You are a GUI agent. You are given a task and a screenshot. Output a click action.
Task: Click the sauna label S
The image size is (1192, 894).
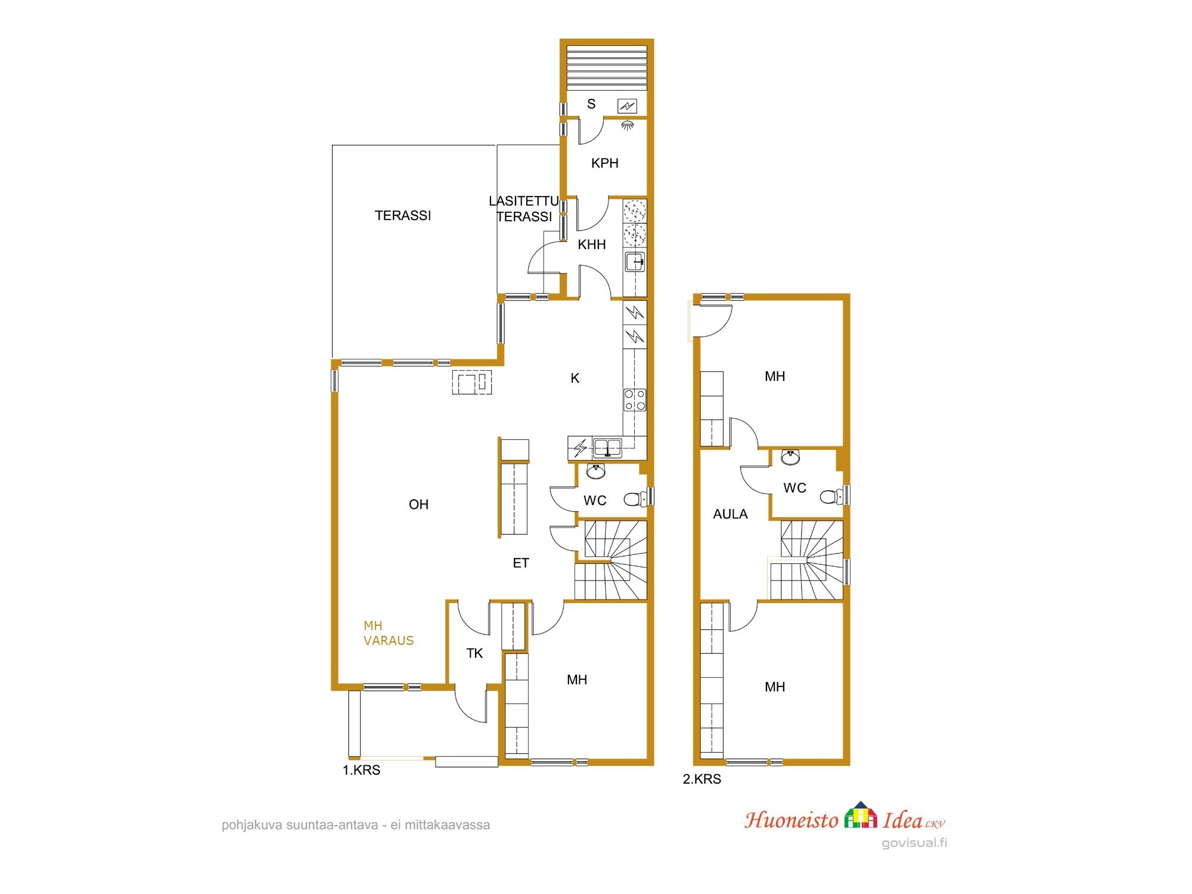point(591,104)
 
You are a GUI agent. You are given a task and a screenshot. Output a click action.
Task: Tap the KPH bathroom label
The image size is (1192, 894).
point(605,163)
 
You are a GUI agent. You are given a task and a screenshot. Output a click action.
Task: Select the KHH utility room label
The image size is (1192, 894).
point(592,244)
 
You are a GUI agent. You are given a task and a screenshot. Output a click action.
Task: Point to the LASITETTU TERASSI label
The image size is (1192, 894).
point(524,209)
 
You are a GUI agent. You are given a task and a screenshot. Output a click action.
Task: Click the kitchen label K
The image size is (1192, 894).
point(575,378)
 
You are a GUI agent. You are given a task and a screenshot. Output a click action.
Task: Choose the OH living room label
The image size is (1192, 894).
point(418,505)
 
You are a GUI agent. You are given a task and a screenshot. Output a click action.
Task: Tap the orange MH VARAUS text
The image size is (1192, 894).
point(389,633)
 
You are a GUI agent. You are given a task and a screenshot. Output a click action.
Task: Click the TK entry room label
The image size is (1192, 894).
point(474,654)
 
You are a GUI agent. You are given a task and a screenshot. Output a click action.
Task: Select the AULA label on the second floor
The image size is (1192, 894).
point(730,514)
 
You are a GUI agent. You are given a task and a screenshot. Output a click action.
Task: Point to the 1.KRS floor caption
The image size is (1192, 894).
point(361,770)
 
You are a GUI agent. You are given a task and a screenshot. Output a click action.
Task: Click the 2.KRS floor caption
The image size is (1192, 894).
point(702,779)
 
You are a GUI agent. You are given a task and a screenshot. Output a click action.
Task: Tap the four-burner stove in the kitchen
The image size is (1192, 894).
point(635,400)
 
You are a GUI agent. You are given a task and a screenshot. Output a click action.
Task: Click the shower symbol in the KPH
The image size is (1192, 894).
point(627,125)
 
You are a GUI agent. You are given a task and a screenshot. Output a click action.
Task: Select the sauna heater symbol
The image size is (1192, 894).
point(627,106)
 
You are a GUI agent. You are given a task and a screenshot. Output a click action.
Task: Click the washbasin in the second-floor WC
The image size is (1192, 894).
point(790,457)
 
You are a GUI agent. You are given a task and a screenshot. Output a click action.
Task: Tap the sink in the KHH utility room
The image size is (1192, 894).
point(635,262)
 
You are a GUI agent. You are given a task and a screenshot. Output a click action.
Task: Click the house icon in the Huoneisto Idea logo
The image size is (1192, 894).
point(861,815)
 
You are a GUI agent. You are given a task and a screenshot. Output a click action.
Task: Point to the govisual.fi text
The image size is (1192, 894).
point(914,843)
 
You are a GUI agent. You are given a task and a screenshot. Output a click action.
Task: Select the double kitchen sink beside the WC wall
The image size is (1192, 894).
point(607,447)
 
